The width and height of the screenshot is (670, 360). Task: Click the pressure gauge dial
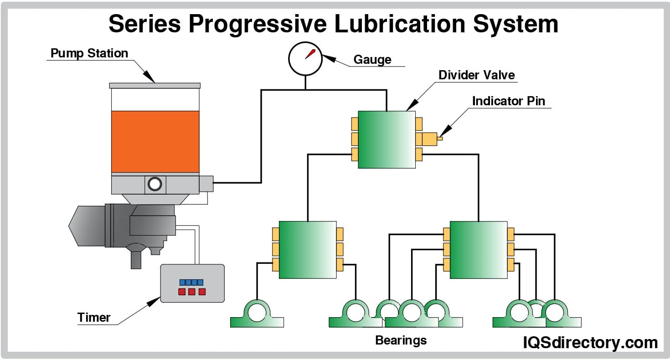pyautogui.click(x=305, y=58)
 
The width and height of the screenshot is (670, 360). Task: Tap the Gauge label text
pyautogui.click(x=372, y=60)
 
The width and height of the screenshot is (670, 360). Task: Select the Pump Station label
pyautogui.click(x=89, y=53)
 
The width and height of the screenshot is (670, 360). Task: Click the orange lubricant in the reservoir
pyautogui.click(x=155, y=141)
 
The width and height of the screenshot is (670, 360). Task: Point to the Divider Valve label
pyautogui.click(x=476, y=75)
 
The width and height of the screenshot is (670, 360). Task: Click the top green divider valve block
pyautogui.click(x=387, y=139)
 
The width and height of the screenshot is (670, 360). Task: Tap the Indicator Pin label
pyautogui.click(x=508, y=101)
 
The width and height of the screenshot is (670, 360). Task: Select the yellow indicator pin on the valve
pyautogui.click(x=440, y=139)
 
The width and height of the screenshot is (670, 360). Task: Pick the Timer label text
pyautogui.click(x=94, y=317)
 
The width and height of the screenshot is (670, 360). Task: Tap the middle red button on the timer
pyautogui.click(x=191, y=292)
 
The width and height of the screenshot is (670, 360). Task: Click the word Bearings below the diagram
pyautogui.click(x=401, y=340)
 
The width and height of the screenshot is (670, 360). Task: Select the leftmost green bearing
pyautogui.click(x=257, y=314)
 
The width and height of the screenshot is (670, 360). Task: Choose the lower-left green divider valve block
pyautogui.click(x=307, y=250)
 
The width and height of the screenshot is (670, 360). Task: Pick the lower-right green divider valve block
pyautogui.click(x=478, y=250)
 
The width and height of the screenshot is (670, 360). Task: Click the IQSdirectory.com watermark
pyautogui.click(x=590, y=343)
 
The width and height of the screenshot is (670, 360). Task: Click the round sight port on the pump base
pyautogui.click(x=155, y=184)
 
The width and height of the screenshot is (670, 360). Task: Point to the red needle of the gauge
pyautogui.click(x=310, y=53)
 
